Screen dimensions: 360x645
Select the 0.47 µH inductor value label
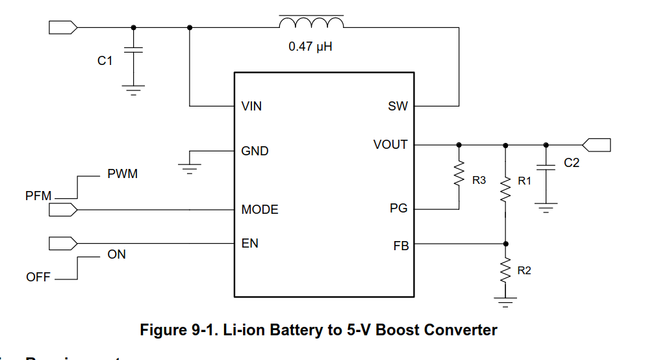coord(310,47)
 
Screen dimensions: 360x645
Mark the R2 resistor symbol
coord(505,270)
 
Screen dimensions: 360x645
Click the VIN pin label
coord(251,106)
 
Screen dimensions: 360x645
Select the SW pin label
coord(398,106)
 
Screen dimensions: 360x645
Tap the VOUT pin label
coord(390,144)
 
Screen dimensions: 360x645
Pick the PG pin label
coord(398,209)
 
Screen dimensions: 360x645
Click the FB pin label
coord(401,246)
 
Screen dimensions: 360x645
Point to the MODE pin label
coord(260,209)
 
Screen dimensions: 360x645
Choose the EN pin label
coord(249,244)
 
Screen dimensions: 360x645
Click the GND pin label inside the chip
coord(255,151)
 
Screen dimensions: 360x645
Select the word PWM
coord(122,174)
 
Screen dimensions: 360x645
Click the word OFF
coord(38,277)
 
